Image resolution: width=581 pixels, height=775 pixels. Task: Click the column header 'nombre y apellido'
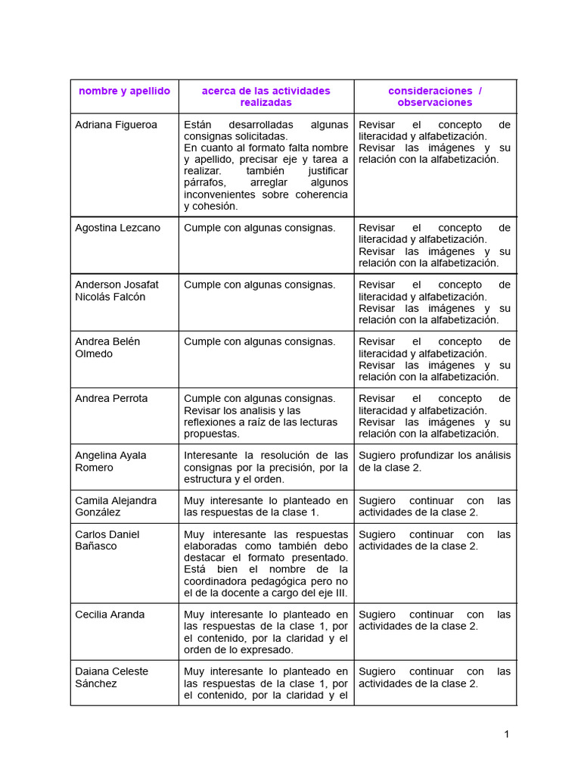coord(124,91)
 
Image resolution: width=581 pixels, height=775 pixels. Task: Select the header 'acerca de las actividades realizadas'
coord(266,96)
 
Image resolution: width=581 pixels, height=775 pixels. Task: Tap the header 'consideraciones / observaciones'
coord(434,96)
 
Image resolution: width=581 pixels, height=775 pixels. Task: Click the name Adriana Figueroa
coord(116,125)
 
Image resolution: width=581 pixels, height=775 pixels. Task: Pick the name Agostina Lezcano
coord(117,228)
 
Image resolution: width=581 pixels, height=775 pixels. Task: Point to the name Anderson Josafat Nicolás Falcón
coord(117,291)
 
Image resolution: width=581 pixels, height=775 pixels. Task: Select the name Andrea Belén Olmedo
coord(107,347)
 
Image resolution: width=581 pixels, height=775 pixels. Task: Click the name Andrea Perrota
coord(111,398)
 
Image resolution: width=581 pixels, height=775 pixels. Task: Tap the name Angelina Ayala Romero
coord(110,461)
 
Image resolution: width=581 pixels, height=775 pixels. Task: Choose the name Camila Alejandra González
coord(116,506)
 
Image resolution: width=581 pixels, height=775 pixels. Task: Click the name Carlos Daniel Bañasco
coord(107,540)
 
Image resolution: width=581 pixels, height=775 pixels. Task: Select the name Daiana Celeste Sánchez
coord(111,677)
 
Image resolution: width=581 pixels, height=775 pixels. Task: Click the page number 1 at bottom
coord(507,734)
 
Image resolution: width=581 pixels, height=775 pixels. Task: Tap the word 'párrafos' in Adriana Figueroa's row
coord(205,182)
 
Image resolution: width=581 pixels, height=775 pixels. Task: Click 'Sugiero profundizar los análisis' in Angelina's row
coord(434,456)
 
